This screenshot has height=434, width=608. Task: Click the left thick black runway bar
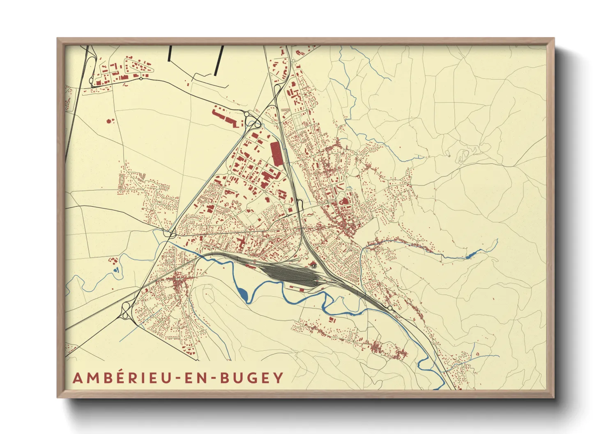[170, 53]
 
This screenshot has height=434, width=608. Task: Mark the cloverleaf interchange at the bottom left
[126, 312]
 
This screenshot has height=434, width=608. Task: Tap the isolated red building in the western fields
[109, 121]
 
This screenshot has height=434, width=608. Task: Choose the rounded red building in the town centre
[344, 201]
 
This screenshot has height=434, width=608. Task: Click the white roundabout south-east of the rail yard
[389, 308]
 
